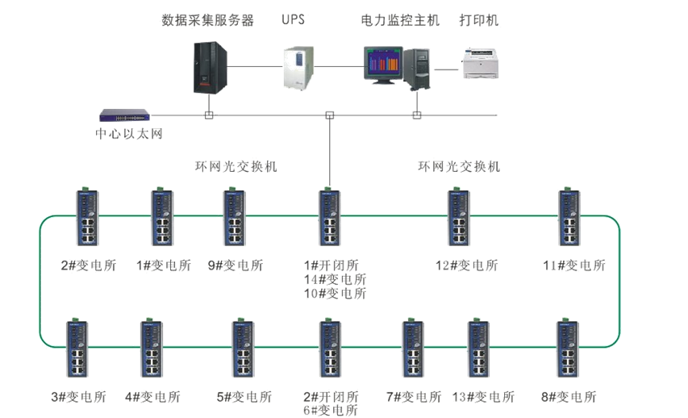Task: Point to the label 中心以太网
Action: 129,134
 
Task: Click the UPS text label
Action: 294,20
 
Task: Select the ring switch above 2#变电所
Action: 88,218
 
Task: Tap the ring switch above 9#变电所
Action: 235,218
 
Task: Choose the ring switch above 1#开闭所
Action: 330,218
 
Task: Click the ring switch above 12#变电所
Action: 459,218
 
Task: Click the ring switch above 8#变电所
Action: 568,349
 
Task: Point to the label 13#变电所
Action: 483,397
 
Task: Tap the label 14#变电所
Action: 335,279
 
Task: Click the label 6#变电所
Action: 330,411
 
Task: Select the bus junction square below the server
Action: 209,115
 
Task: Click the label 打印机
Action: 478,20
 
